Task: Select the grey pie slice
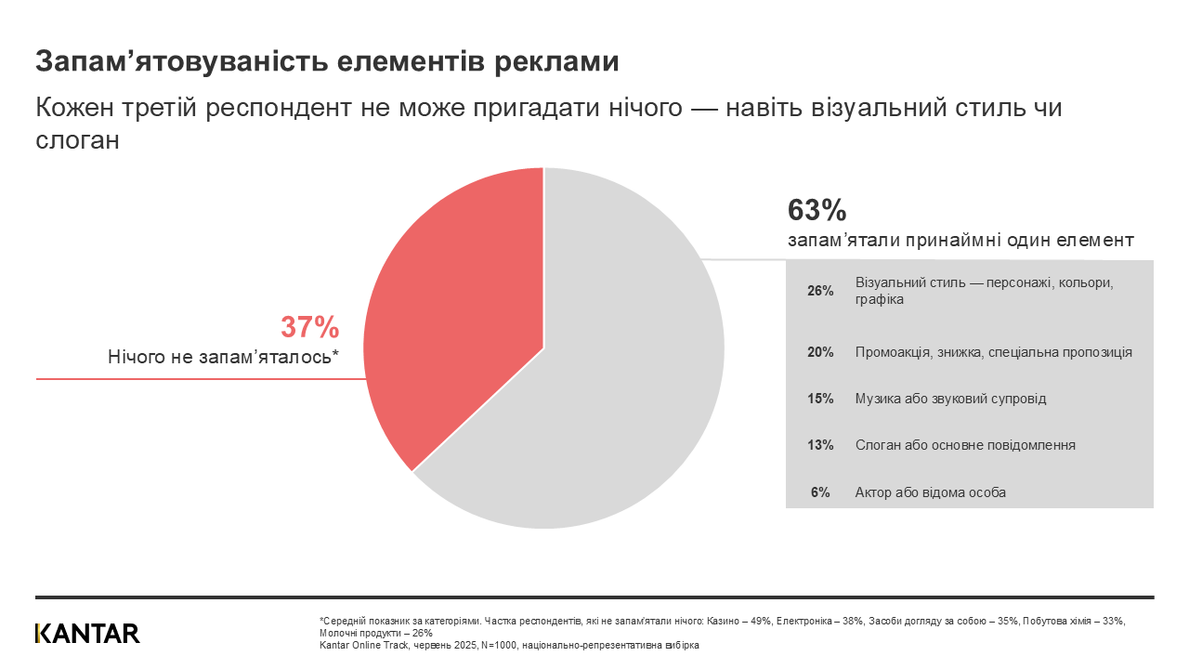tap(613, 390)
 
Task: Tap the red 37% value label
tap(309, 327)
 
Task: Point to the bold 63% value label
tap(817, 210)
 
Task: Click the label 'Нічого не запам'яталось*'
tap(223, 357)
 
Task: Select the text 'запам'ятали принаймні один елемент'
tap(960, 240)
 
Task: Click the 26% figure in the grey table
tap(820, 291)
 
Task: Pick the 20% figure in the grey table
tap(820, 353)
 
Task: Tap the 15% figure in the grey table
tap(820, 399)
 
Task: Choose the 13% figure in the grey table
tap(820, 445)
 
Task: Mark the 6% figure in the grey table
tap(820, 492)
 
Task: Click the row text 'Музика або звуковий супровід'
tap(950, 399)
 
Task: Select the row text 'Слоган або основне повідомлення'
tap(965, 445)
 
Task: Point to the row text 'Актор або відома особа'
tap(930, 492)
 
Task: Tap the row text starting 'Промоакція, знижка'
tap(993, 353)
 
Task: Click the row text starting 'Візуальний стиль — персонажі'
tap(983, 282)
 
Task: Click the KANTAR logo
tap(87, 634)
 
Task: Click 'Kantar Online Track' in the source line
tap(358, 644)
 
